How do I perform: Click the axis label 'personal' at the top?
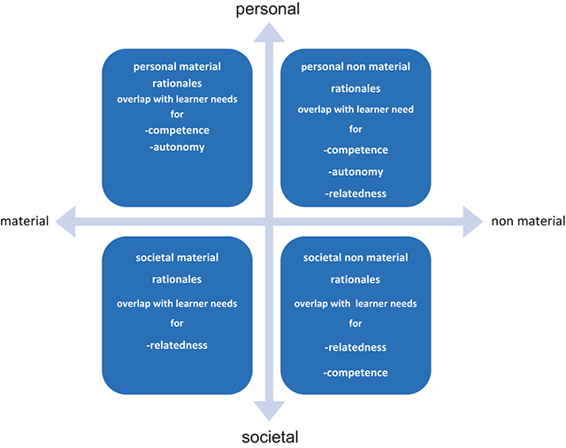click(267, 9)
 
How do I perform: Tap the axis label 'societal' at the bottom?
click(270, 437)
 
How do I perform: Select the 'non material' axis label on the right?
click(528, 221)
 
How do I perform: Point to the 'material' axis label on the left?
click(25, 221)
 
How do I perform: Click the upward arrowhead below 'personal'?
click(269, 33)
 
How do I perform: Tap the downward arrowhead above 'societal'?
click(269, 411)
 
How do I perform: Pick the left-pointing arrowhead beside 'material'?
click(65, 222)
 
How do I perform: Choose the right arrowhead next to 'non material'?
click(473, 222)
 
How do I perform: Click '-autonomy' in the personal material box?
click(177, 148)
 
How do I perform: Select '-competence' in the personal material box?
click(177, 130)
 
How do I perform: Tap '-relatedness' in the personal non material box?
click(356, 194)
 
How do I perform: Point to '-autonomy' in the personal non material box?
click(356, 172)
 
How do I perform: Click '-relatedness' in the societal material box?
click(177, 345)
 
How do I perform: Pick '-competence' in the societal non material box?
click(356, 373)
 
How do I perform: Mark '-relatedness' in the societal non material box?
click(356, 347)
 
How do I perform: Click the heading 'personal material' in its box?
click(177, 67)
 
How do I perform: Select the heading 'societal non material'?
click(356, 257)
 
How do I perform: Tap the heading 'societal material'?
click(177, 257)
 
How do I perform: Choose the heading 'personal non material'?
click(356, 67)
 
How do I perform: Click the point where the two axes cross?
click(269, 222)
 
